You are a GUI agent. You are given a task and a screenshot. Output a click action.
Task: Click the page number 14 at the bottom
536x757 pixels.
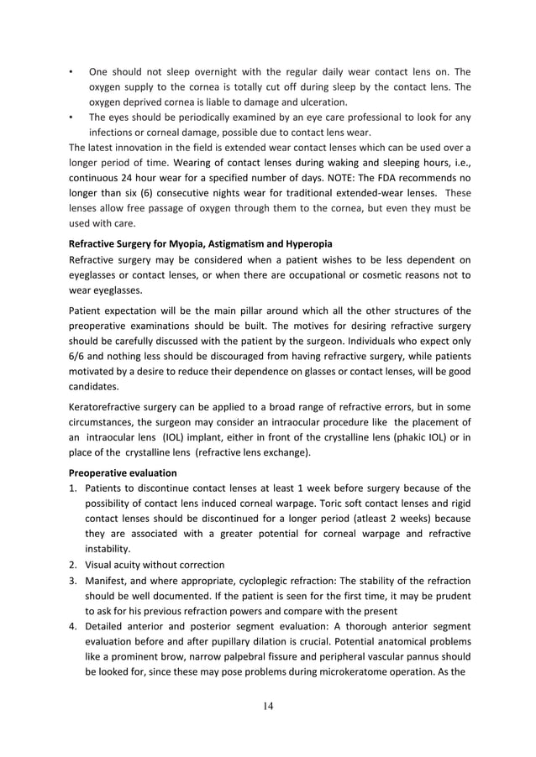pos(268,705)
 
